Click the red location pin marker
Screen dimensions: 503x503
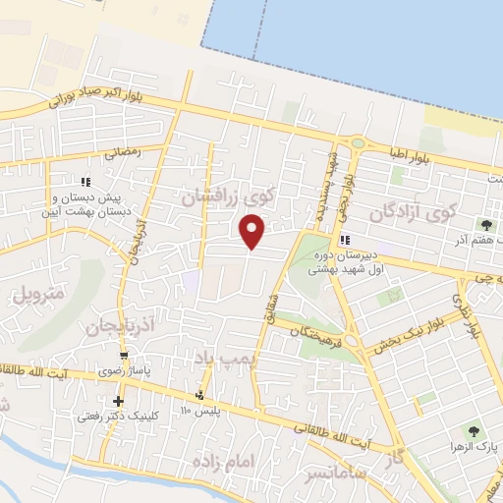coord(252,232)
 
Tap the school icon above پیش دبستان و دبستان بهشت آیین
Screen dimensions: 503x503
coord(86,181)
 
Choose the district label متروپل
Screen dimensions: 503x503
coord(37,293)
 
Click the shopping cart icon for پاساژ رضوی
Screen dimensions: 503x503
coord(124,356)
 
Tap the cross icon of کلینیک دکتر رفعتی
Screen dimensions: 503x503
coord(119,401)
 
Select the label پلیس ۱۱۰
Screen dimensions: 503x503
coord(199,410)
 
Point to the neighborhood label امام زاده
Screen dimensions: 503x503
coord(224,461)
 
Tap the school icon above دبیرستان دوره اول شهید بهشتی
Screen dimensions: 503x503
coord(345,240)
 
